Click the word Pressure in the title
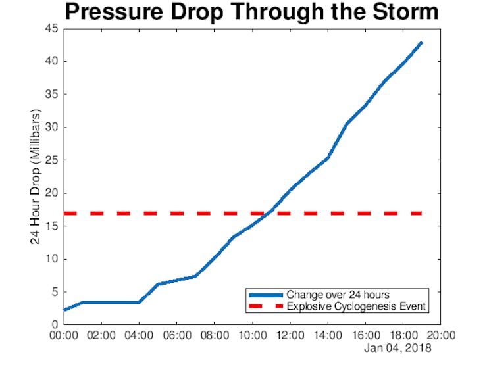tap(114, 12)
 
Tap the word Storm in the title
tap(405, 12)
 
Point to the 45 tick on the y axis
tap(51, 28)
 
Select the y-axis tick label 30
tap(51, 127)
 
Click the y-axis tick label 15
tap(51, 226)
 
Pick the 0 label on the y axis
tap(55, 325)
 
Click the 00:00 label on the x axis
tap(64, 335)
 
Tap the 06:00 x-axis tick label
tap(177, 335)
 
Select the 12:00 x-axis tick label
tap(290, 335)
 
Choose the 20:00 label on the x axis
tap(441, 335)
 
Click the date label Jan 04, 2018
tap(398, 348)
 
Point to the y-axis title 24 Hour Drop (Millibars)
tap(36, 177)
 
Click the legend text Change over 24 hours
tap(338, 295)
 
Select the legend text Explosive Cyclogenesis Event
tap(356, 306)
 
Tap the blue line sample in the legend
tap(266, 295)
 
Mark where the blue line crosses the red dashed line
tap(268, 214)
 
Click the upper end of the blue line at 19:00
tap(421, 43)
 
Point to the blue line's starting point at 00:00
tap(64, 310)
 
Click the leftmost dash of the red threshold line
tap(70, 214)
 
